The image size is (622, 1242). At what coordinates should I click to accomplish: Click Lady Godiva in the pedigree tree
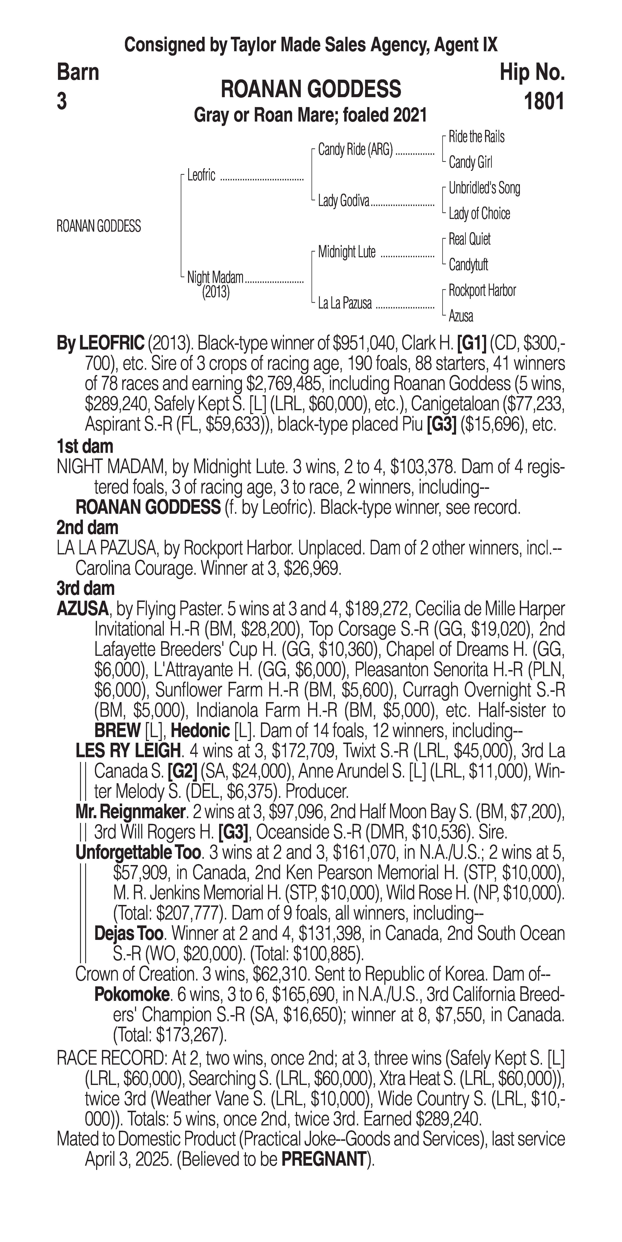coord(343,201)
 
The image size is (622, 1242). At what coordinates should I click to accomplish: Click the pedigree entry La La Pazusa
coord(345,303)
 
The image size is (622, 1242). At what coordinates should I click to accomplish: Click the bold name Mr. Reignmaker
coord(130,812)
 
